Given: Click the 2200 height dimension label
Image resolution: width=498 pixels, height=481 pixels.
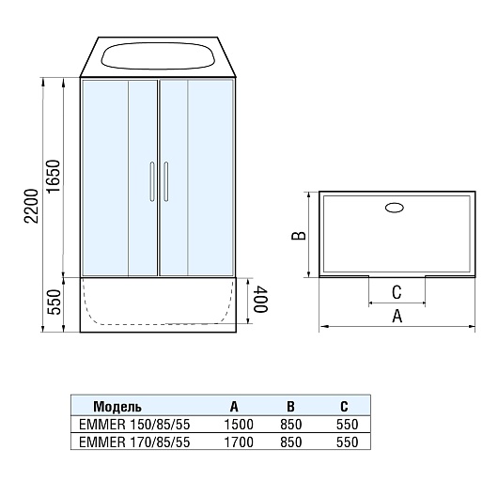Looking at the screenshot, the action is (x=32, y=206).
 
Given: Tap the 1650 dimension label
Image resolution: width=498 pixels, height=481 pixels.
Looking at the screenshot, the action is (x=53, y=176).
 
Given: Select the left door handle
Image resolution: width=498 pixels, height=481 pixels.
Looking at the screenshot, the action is (x=152, y=181).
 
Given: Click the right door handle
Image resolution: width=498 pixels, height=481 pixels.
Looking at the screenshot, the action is (x=165, y=181).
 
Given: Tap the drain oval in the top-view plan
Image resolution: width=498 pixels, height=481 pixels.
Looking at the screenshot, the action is (x=395, y=208).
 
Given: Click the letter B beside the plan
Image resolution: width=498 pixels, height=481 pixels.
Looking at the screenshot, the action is (x=299, y=235).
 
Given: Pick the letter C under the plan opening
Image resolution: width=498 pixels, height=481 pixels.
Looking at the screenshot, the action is (x=397, y=292).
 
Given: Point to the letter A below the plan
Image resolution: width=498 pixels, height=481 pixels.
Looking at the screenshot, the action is (x=397, y=317).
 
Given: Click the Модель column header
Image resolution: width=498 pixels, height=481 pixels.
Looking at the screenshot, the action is (x=117, y=407).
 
